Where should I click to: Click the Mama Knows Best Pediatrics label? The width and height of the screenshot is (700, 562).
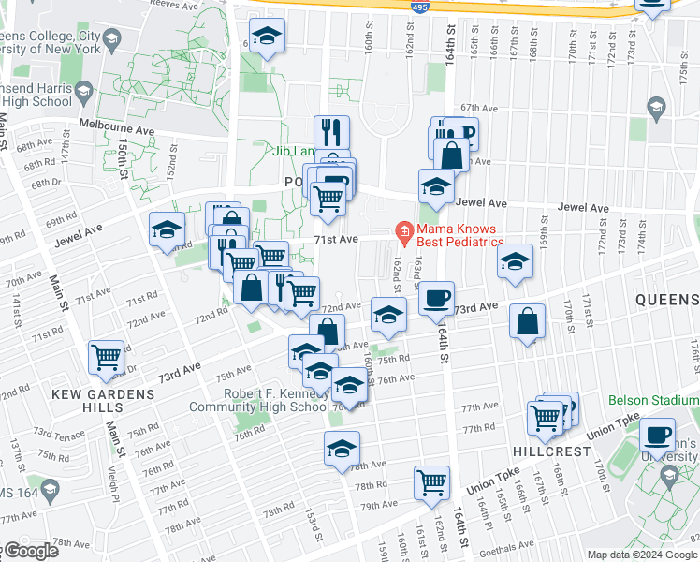pyautogui.click(x=459, y=236)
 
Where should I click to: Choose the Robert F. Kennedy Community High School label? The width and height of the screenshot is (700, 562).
pyautogui.click(x=259, y=400)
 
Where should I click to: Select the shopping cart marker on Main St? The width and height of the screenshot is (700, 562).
pyautogui.click(x=107, y=357)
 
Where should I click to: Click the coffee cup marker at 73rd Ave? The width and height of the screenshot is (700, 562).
pyautogui.click(x=436, y=299)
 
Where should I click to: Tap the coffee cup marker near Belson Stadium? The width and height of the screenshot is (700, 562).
pyautogui.click(x=657, y=436)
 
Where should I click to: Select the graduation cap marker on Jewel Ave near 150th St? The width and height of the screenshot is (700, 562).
pyautogui.click(x=168, y=229)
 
